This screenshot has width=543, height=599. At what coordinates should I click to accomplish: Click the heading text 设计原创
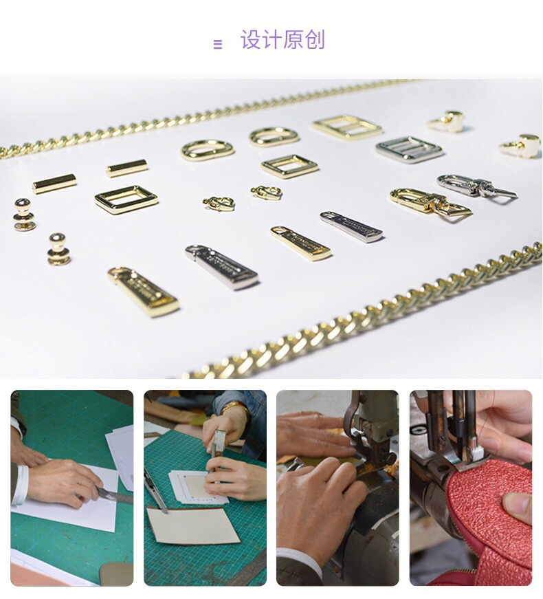pos(282,41)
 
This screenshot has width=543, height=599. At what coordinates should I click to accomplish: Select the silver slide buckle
pos(409,149)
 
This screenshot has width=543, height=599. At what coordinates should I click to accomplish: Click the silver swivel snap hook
pos(474,186)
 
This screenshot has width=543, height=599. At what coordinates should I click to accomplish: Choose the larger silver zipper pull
pos(221,266)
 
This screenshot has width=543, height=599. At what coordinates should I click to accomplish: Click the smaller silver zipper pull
pos(351,226)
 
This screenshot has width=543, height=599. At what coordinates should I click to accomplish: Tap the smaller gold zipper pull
pos(300,242)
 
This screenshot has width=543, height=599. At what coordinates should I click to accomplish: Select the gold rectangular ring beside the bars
pos(126,199)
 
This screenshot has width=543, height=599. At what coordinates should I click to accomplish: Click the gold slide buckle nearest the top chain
pos(346,127)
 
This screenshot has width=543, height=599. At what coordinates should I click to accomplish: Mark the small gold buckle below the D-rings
pos(289,166)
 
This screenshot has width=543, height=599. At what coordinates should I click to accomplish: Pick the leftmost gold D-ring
pos(208,149)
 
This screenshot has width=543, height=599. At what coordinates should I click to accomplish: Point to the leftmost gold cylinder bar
pos(54,183)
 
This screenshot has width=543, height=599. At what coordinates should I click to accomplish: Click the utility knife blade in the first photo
pos(113,494)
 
